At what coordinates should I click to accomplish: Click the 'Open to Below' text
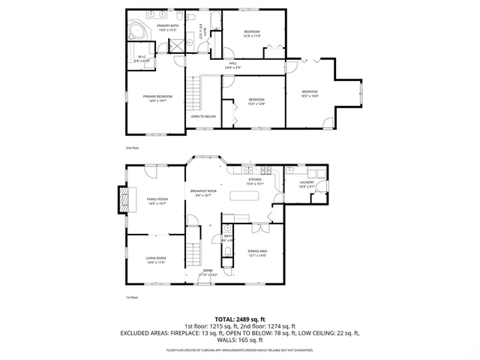pyautogui.click(x=203, y=116)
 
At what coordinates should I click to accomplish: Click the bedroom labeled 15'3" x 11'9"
pyautogui.click(x=250, y=34)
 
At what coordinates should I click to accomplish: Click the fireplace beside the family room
pyautogui.click(x=119, y=201)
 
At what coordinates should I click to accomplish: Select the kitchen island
pyautogui.click(x=244, y=196)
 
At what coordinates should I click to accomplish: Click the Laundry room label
pyautogui.click(x=307, y=184)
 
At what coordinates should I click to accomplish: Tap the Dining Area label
pyautogui.click(x=258, y=253)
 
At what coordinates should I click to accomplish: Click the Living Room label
pyautogui.click(x=156, y=260)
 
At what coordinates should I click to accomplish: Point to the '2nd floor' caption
pyautogui.click(x=132, y=148)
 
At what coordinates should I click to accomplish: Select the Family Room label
pyautogui.click(x=157, y=201)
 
